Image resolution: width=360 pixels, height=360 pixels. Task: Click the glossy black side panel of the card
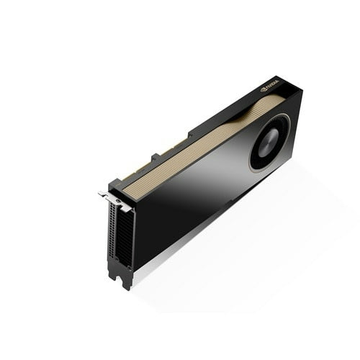tap(194, 209)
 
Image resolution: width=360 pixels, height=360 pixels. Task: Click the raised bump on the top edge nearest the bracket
tap(155, 156)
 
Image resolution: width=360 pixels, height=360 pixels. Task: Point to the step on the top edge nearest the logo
tap(191, 132)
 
